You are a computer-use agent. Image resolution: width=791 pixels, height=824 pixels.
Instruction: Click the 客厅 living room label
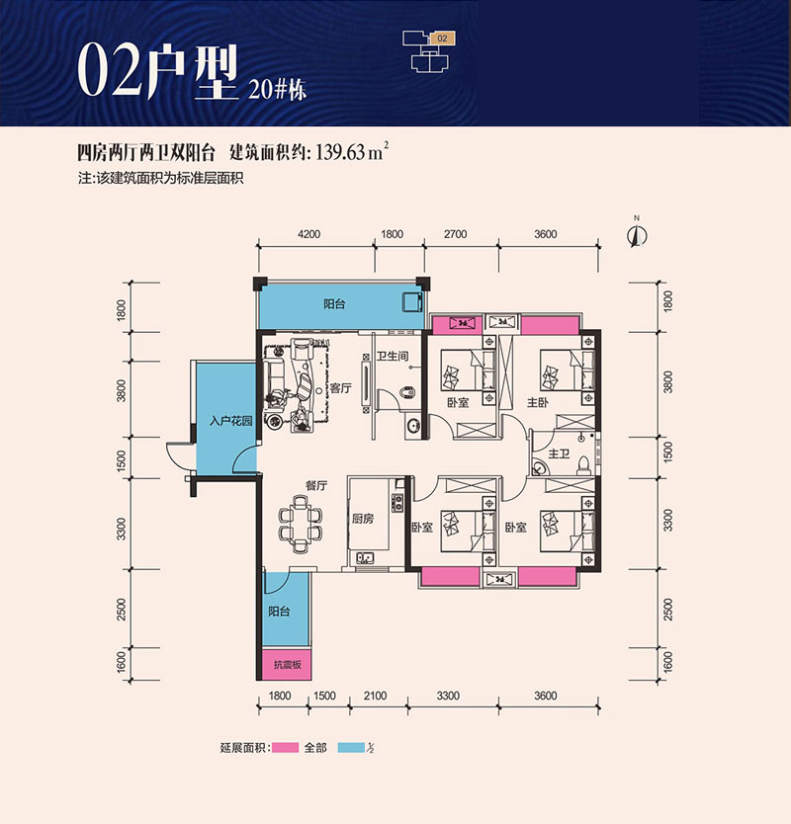340,388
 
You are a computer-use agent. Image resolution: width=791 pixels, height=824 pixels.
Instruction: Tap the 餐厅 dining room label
316,485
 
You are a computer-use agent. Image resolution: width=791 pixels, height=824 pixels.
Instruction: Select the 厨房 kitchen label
363,519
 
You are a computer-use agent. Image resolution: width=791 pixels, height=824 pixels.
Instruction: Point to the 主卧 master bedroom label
538,402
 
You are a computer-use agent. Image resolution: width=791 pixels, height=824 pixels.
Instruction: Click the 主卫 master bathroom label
559,453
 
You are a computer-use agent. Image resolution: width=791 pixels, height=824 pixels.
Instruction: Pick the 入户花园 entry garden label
231,421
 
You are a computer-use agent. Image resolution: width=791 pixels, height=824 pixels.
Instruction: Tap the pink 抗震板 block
287,665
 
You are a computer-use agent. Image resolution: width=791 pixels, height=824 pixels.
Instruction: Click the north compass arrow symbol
638,235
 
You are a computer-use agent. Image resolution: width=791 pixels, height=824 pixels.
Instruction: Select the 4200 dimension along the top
308,234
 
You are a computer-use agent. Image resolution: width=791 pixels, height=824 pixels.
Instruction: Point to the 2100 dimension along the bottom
375,696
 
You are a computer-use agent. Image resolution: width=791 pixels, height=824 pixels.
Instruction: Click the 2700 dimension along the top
456,234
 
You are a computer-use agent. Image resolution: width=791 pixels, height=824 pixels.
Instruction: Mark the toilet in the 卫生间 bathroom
407,392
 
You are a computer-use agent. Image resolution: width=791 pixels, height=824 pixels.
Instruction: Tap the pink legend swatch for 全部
285,747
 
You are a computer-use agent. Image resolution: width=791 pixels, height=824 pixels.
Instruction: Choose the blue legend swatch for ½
351,747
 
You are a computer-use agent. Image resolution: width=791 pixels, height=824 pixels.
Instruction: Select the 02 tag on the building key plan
442,39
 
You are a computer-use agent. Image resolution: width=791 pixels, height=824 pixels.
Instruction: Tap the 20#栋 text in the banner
277,89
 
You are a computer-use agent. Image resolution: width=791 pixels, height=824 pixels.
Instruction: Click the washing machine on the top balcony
413,302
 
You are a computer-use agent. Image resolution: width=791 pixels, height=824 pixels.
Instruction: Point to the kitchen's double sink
365,557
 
